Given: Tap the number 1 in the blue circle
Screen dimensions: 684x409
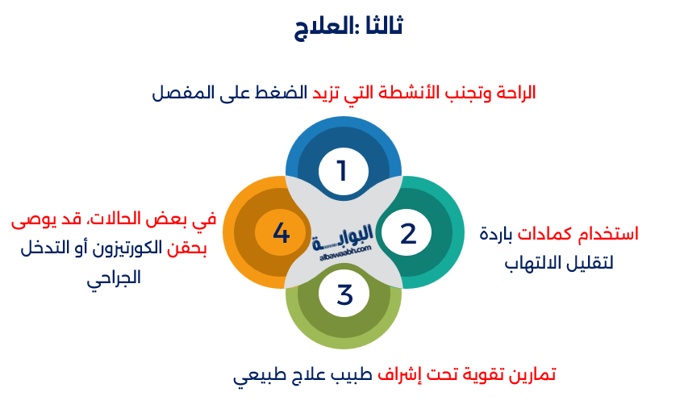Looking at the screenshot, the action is click(343, 171).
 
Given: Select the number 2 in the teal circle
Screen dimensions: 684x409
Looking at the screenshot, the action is click(408, 233).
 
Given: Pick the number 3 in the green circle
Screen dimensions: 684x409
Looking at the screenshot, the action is click(344, 294).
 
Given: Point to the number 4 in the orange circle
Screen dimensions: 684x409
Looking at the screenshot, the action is click(282, 232).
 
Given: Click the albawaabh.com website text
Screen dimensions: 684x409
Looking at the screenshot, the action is click(345, 252).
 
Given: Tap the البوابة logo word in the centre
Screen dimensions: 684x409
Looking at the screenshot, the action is click(343, 238).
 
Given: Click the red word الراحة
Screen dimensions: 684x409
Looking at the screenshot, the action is click(516, 93).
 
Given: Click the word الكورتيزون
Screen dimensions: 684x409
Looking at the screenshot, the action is click(127, 248).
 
